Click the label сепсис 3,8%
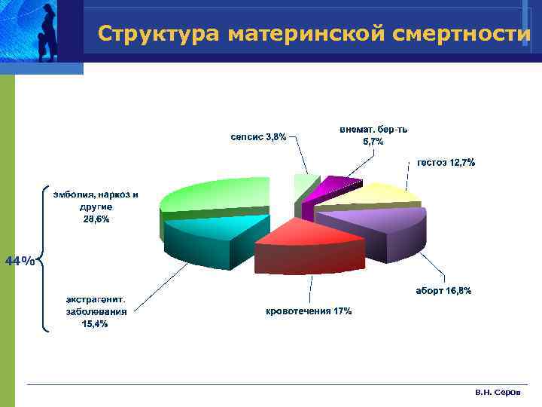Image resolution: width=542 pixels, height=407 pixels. coord(257,136)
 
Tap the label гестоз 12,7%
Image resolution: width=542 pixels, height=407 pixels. coord(446,162)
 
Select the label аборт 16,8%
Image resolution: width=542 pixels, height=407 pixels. coord(443,290)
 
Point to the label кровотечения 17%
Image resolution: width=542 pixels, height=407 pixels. coord(309,311)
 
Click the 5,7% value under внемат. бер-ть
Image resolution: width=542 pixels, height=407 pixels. coord(373,142)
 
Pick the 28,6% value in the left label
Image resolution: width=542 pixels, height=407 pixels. coord(96,219)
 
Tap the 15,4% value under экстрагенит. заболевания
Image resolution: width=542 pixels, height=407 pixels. coord(95,323)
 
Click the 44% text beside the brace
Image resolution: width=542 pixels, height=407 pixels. coord(20,261)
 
